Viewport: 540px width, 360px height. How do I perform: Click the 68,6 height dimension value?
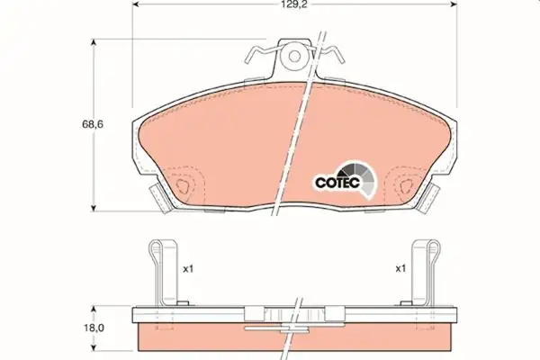tap(93, 124)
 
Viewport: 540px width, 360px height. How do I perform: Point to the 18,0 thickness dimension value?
tap(94, 328)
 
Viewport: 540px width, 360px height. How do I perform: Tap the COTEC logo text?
tap(337, 183)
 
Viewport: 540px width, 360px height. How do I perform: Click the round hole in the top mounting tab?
tap(294, 56)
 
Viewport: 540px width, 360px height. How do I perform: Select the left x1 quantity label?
tap(188, 269)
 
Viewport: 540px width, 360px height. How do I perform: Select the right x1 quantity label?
tap(400, 268)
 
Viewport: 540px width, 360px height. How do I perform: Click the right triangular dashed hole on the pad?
tap(407, 186)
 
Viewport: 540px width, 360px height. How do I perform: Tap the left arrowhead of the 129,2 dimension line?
tap(135, 4)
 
